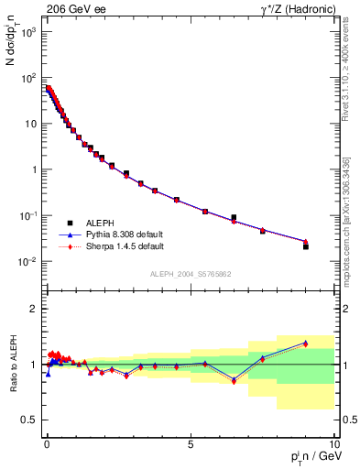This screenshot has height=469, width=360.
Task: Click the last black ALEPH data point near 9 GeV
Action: pos(306,246)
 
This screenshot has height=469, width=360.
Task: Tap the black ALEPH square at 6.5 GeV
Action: pos(234,217)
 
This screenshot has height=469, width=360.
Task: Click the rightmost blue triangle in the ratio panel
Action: pos(306,343)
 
